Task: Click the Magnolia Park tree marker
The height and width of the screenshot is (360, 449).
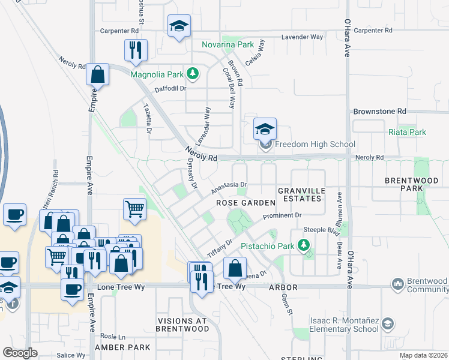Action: [x=193, y=74]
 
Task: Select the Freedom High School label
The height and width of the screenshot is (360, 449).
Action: [x=315, y=144]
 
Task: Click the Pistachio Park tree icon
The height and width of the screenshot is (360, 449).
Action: [x=304, y=245]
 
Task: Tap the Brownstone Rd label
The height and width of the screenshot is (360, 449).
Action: [x=380, y=112]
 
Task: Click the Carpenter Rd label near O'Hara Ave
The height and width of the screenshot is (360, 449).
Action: [x=373, y=30]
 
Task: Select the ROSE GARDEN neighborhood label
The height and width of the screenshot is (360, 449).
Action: [x=241, y=203]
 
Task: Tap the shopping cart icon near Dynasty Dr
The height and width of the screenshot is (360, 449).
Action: [x=134, y=209]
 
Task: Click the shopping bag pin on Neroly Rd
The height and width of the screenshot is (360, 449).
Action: [x=97, y=75]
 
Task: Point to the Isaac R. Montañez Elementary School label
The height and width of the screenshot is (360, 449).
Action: [x=345, y=325]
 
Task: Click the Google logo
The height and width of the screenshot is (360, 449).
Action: [x=20, y=352]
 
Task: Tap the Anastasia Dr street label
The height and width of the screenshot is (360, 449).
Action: [x=229, y=188]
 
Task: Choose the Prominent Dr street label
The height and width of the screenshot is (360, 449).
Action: [x=282, y=215]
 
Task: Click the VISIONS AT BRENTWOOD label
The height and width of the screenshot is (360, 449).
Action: [x=182, y=325]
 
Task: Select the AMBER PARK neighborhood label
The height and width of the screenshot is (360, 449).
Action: [x=122, y=347]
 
